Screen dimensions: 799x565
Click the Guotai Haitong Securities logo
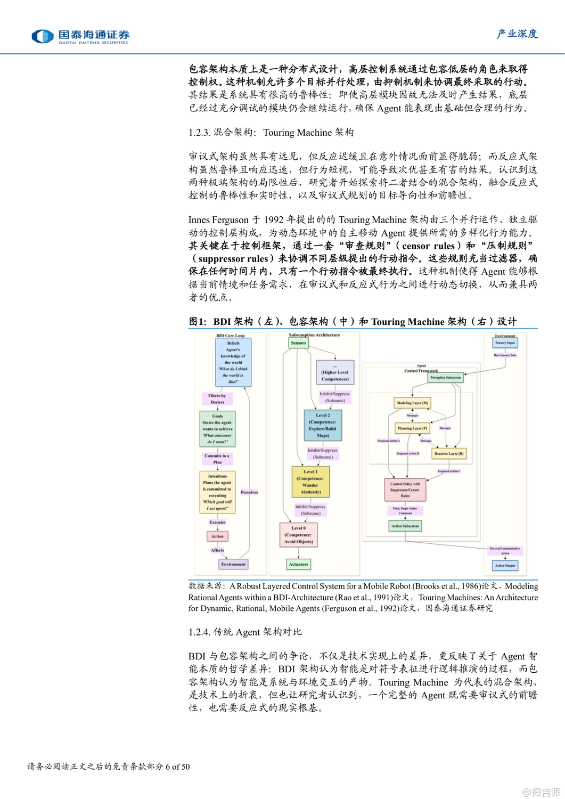point(80,36)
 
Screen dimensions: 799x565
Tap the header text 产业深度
point(517,34)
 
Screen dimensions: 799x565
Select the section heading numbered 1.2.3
point(271,133)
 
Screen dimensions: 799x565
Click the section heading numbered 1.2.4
point(245,632)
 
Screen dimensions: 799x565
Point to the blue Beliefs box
point(233,362)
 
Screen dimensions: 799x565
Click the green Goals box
point(217,429)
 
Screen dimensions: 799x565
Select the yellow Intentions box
point(217,492)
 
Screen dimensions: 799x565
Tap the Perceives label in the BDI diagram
point(249,492)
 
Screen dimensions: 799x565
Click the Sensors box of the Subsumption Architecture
point(298,343)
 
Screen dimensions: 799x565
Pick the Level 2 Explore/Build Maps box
point(323,425)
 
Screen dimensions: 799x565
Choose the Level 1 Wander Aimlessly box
point(310,482)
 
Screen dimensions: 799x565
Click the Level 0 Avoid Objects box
point(298,535)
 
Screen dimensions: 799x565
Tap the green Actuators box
point(298,564)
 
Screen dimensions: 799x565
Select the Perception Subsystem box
point(445,378)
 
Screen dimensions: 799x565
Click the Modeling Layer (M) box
point(412,403)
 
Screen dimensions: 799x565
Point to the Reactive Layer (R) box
point(449,454)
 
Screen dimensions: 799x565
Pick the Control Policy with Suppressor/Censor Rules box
point(405,490)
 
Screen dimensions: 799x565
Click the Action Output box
point(505,566)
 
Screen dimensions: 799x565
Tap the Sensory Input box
point(505,343)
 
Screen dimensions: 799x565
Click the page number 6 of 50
point(177,767)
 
